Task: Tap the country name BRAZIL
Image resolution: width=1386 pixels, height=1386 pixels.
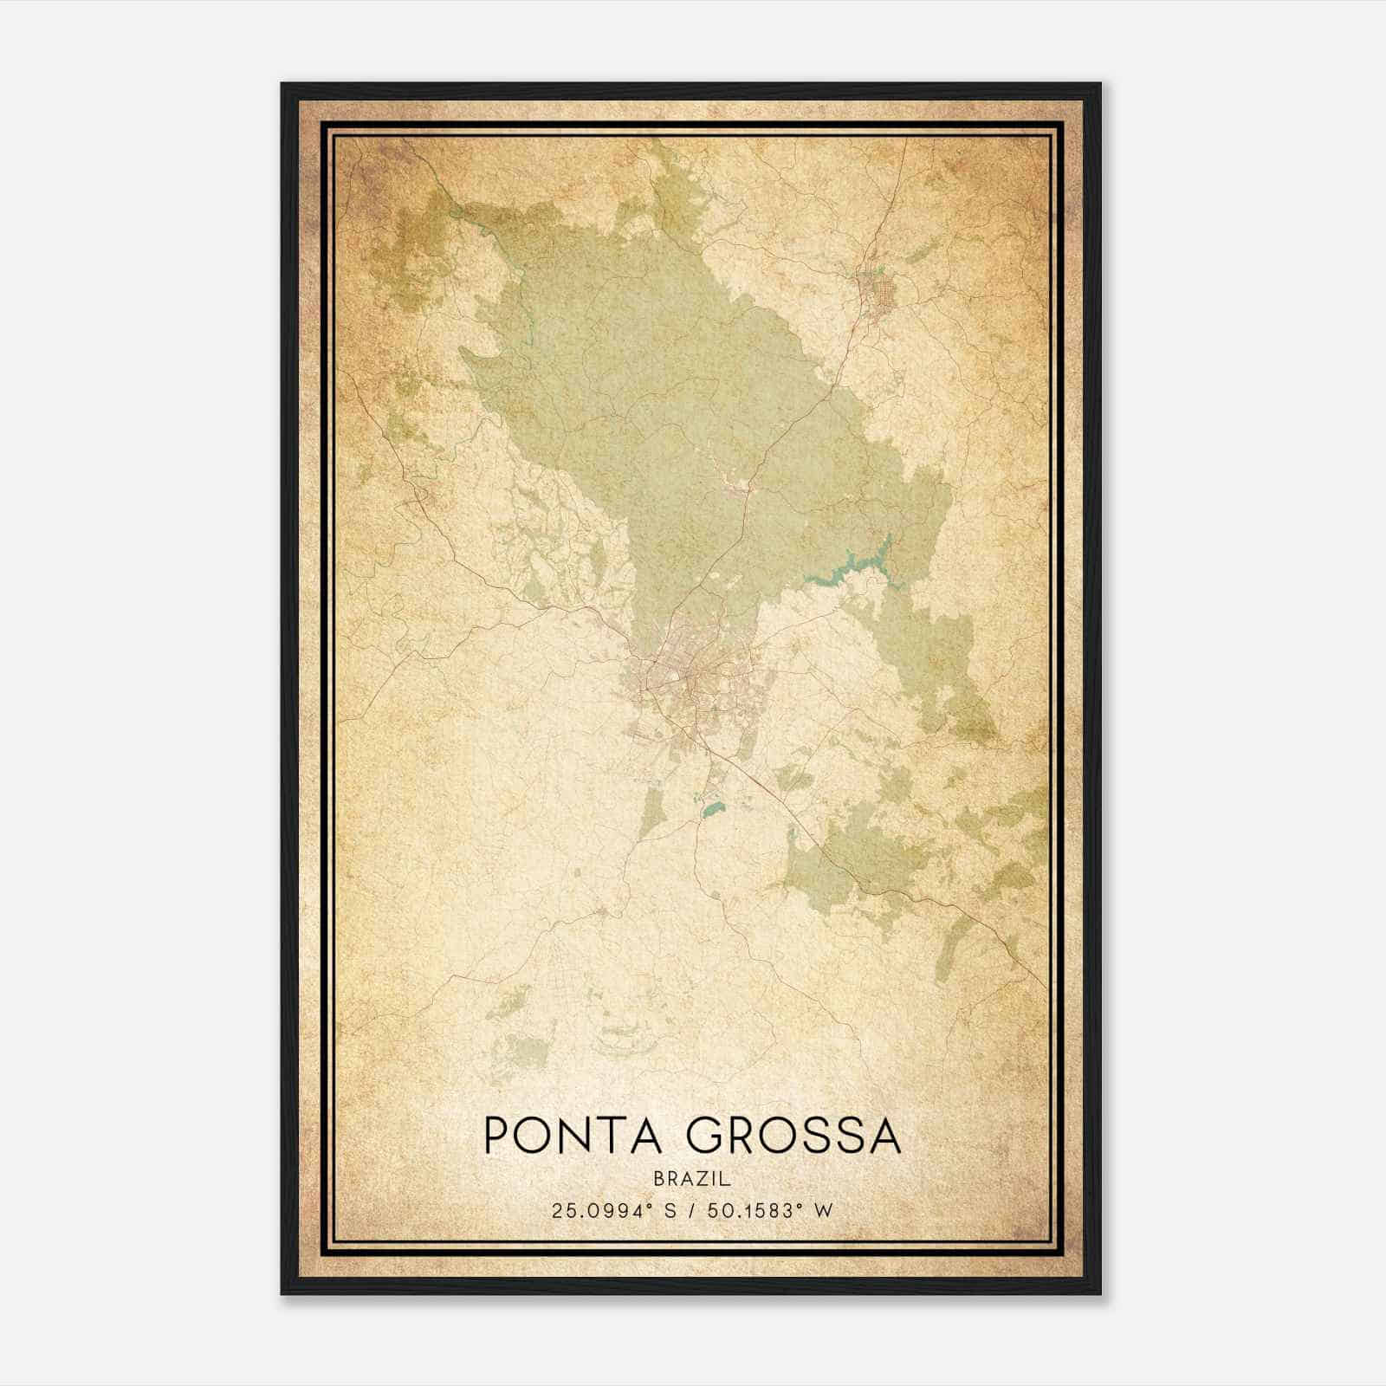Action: (x=693, y=1179)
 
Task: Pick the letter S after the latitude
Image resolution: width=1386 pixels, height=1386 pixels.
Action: (x=670, y=1210)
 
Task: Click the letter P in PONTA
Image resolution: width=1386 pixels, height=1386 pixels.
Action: (x=495, y=1136)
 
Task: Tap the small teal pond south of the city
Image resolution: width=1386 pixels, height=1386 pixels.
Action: (x=712, y=812)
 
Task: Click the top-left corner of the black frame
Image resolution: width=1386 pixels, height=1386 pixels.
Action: (x=282, y=85)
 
